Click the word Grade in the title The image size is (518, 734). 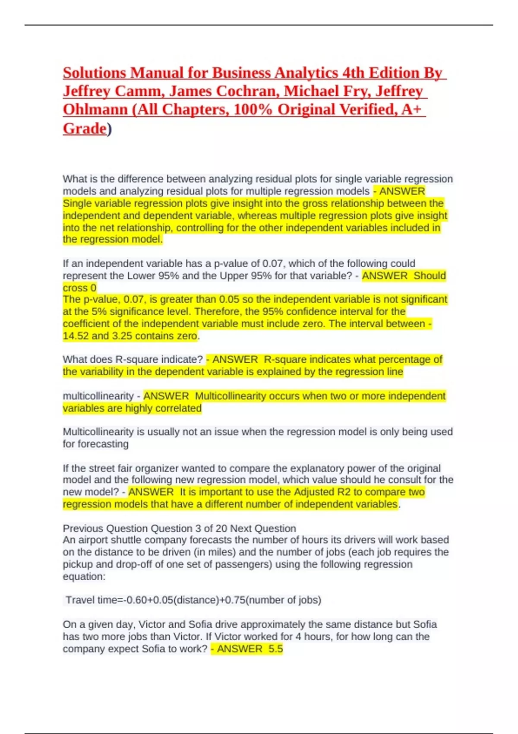coord(85,129)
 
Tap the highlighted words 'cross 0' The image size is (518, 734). coord(80,288)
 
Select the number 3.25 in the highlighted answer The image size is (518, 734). coord(122,336)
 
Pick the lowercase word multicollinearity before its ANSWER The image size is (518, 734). coord(98,396)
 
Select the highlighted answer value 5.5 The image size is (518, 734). coord(275,649)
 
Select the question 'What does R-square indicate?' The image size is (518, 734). coord(133,359)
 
